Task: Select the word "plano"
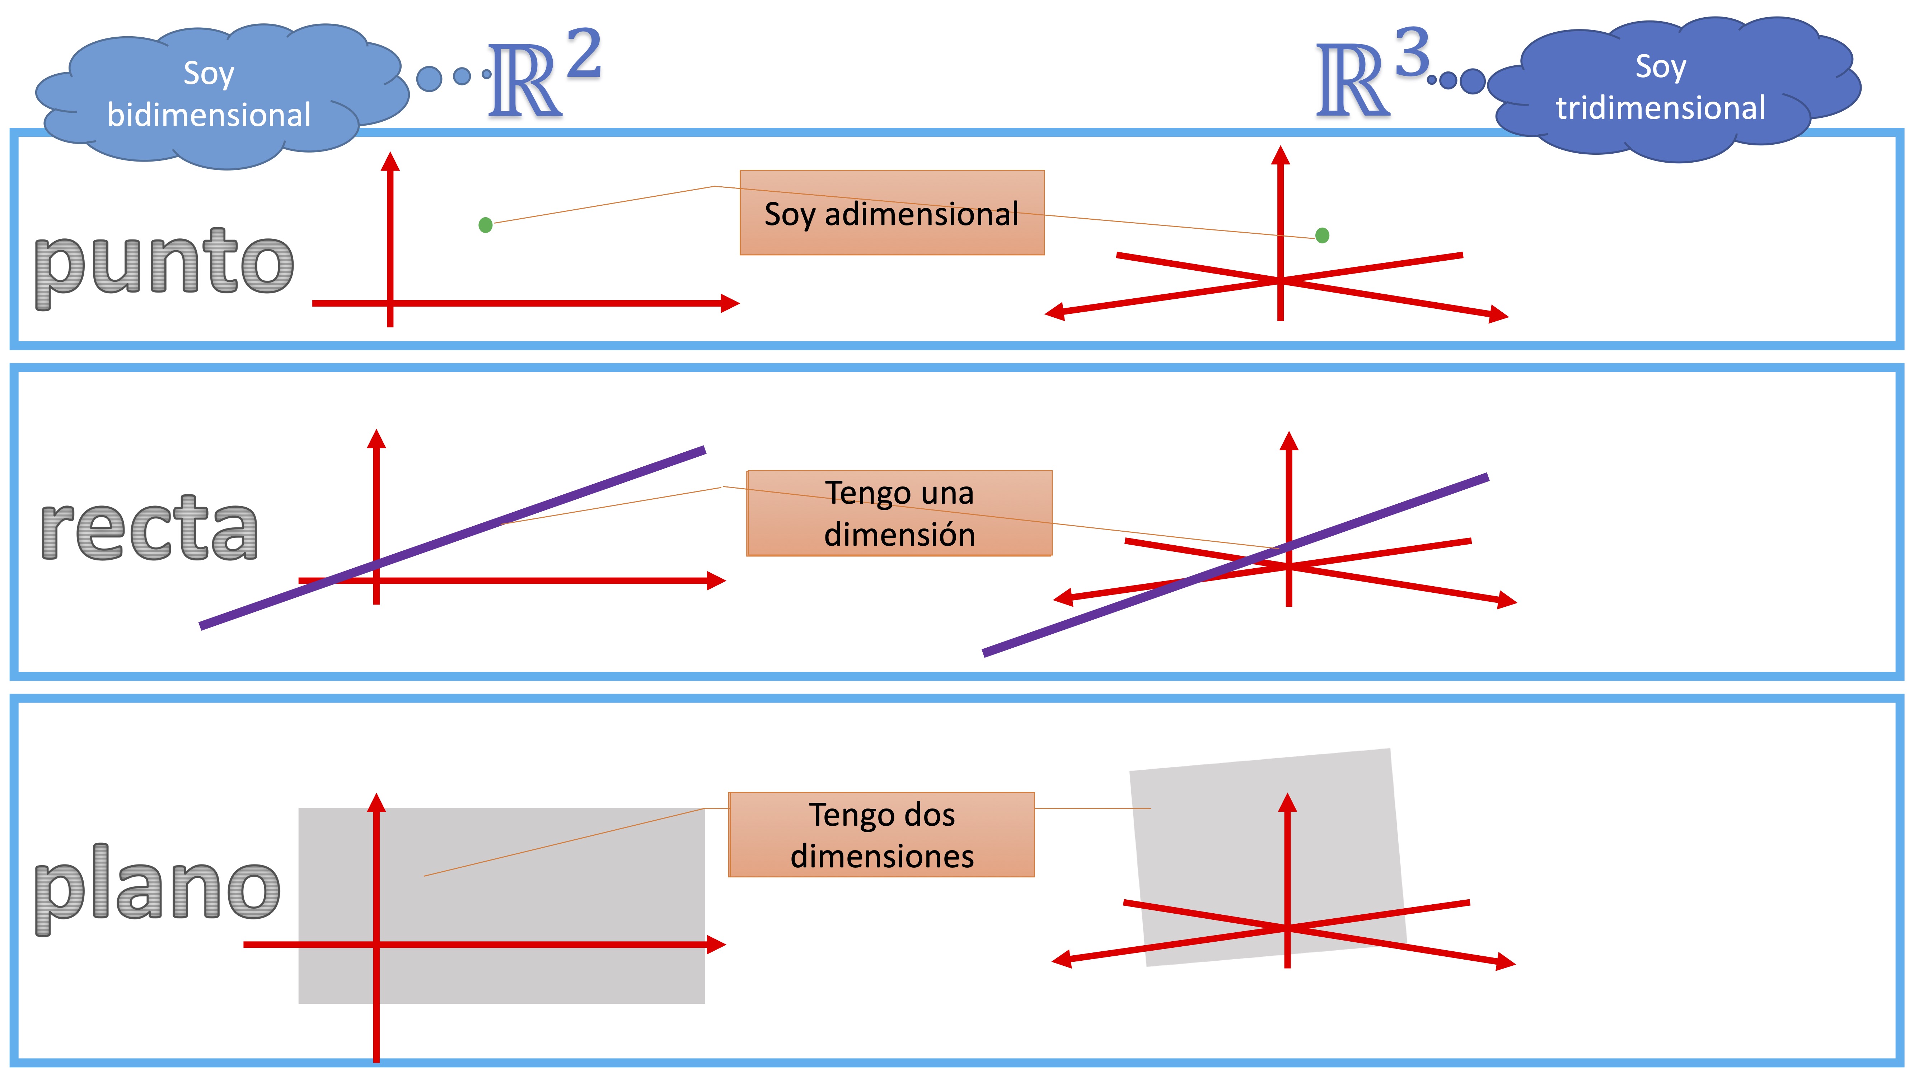tap(158, 888)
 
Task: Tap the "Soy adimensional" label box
tap(892, 213)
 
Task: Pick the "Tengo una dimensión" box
tap(899, 513)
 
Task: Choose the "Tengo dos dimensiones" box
tap(881, 835)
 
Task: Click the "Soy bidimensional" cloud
tap(210, 94)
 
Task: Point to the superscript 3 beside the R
tap(1412, 52)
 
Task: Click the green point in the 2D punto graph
tap(485, 224)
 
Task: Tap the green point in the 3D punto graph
tap(1322, 236)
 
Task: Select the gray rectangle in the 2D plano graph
tap(557, 877)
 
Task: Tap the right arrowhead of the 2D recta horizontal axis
tap(716, 581)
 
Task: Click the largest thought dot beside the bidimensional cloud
tap(429, 78)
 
